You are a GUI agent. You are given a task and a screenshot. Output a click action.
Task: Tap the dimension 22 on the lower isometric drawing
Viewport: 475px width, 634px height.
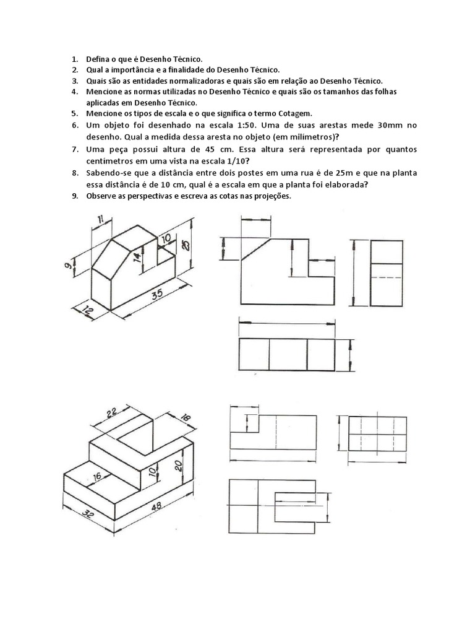point(111,413)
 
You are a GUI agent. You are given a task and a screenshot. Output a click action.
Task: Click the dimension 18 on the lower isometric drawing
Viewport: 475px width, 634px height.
point(187,418)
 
